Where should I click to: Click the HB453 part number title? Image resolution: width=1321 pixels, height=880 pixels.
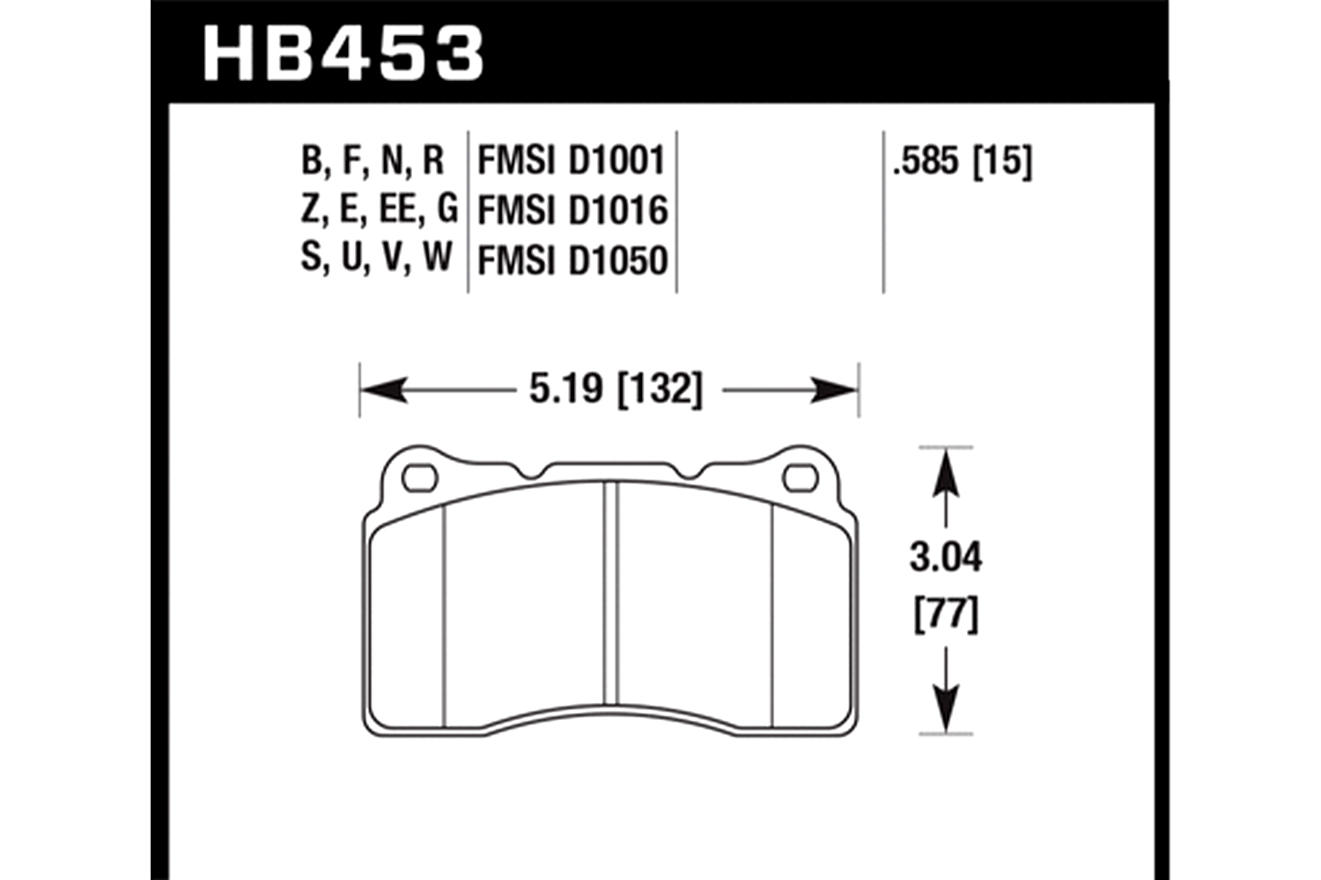[343, 52]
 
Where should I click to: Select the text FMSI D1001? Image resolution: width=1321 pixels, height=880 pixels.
[572, 160]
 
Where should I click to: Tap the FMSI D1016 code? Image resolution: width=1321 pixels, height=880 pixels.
[572, 210]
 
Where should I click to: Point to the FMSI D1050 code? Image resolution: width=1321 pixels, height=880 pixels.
[572, 260]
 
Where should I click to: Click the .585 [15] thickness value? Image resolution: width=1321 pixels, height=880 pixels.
[963, 160]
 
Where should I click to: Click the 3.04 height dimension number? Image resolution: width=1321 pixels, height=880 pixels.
[946, 558]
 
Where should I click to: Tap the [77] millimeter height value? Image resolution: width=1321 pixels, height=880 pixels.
[946, 615]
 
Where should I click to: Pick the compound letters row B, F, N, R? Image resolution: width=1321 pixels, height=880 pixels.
[373, 160]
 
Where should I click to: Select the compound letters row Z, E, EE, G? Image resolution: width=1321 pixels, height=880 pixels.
[380, 209]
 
